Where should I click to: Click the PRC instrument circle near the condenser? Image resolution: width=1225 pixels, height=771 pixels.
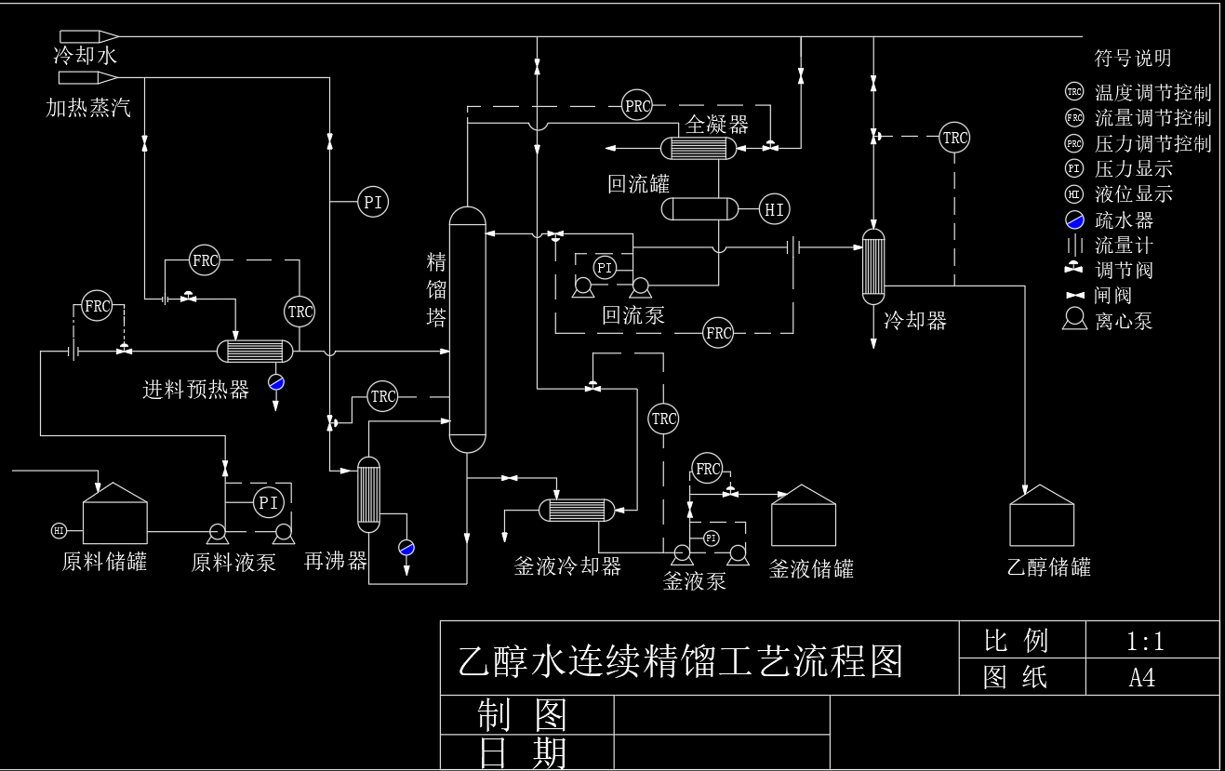pyautogui.click(x=638, y=106)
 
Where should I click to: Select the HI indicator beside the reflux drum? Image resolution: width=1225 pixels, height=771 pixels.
pyautogui.click(x=775, y=209)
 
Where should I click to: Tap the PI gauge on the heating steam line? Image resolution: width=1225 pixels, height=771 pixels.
pyautogui.click(x=373, y=202)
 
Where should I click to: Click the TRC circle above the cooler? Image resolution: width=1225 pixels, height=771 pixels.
pyautogui.click(x=954, y=138)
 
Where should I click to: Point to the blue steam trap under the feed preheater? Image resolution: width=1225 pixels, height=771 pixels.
pyautogui.click(x=276, y=381)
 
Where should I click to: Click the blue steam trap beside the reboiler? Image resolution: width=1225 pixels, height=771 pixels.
pyautogui.click(x=406, y=547)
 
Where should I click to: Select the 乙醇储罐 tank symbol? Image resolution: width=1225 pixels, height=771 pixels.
pyautogui.click(x=1042, y=517)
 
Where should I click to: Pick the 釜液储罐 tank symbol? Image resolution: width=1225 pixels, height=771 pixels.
pyautogui.click(x=804, y=517)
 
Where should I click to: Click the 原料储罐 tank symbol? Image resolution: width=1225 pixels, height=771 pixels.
pyautogui.click(x=114, y=514)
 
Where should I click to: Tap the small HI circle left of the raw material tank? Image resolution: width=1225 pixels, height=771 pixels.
pyautogui.click(x=59, y=530)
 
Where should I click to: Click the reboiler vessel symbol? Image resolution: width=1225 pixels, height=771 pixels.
pyautogui.click(x=369, y=494)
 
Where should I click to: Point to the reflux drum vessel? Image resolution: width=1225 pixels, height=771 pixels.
pyautogui.click(x=699, y=209)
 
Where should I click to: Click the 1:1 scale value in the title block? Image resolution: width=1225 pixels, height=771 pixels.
pyautogui.click(x=1145, y=641)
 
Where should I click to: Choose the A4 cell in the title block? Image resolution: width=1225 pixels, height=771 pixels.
pyautogui.click(x=1142, y=677)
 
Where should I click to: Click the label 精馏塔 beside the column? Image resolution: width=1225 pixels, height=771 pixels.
pyautogui.click(x=437, y=289)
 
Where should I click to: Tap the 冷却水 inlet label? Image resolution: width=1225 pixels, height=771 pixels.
pyautogui.click(x=85, y=57)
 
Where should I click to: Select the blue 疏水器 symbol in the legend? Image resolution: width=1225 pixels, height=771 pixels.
pyautogui.click(x=1074, y=220)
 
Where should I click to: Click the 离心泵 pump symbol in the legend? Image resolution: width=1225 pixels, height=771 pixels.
pyautogui.click(x=1074, y=320)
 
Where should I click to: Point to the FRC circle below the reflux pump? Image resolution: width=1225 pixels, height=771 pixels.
pyautogui.click(x=718, y=332)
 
